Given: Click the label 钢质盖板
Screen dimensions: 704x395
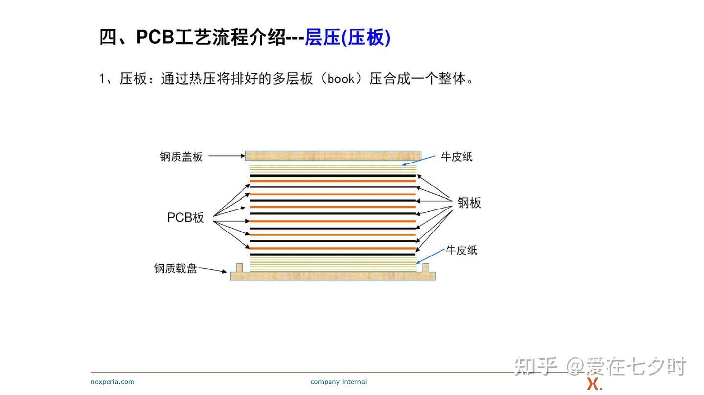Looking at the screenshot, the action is tap(181, 157).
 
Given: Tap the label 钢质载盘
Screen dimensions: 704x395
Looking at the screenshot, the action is tap(176, 269).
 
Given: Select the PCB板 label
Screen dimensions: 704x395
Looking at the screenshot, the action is tap(185, 217).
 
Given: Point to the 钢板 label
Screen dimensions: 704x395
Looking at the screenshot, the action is tap(469, 203).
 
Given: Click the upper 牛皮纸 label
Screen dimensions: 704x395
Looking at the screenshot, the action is tap(457, 157).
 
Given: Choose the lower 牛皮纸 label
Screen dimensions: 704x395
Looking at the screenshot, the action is tap(462, 250).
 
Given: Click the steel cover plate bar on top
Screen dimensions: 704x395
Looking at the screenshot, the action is tap(333, 156).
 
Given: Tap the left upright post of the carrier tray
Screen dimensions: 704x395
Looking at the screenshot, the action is tap(240, 268).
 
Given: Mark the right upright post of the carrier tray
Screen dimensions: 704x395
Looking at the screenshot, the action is tap(425, 268).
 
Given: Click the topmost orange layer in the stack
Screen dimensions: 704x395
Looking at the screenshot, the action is tap(333, 181).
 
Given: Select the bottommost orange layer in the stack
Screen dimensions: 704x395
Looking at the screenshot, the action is tap(333, 248).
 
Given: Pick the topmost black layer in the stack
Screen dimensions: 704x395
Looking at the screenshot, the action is tap(333, 176).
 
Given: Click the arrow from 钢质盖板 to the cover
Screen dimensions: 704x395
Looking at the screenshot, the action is tap(227, 156).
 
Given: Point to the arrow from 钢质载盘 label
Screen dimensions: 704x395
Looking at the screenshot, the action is tap(213, 270).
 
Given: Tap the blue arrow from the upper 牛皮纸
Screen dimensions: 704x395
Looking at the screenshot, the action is tap(418, 160).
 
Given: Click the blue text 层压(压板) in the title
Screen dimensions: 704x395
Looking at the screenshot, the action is tap(348, 38).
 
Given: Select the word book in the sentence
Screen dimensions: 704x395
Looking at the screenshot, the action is tap(341, 79).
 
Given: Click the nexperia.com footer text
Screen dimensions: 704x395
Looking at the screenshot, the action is tap(112, 382).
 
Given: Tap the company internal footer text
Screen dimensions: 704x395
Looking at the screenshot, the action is tap(338, 382).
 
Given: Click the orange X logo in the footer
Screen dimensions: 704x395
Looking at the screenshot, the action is tap(594, 384).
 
